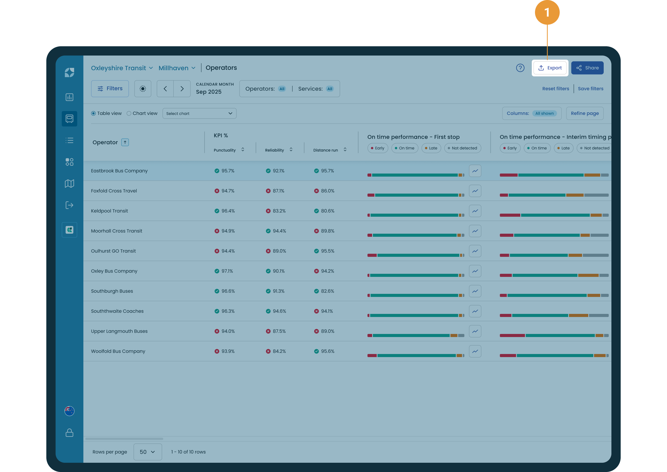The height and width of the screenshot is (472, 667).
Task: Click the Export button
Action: click(x=550, y=68)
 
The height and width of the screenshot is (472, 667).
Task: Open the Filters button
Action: click(x=110, y=89)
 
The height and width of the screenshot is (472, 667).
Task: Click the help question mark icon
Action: click(x=520, y=68)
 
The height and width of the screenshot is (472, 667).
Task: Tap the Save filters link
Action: click(x=591, y=89)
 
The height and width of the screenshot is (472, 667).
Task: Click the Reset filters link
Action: click(x=556, y=89)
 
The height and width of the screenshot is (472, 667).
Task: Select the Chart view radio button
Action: click(x=129, y=113)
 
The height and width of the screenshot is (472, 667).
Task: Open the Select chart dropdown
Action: click(x=199, y=113)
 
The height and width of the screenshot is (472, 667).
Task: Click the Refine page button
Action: click(x=585, y=113)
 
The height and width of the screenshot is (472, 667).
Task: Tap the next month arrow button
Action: click(x=182, y=89)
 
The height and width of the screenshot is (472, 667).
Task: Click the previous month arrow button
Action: click(x=165, y=89)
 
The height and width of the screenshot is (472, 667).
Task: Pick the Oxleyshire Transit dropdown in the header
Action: click(x=122, y=68)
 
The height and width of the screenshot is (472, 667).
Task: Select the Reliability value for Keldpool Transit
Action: click(x=276, y=211)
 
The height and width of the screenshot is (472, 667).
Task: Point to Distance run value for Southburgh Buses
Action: click(x=324, y=291)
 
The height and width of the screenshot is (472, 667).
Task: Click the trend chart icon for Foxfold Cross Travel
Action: click(x=475, y=191)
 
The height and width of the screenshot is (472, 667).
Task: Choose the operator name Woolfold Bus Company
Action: click(x=118, y=351)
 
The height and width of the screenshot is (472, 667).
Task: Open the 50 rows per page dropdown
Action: click(x=148, y=452)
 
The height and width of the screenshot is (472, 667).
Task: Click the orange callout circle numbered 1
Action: click(x=547, y=12)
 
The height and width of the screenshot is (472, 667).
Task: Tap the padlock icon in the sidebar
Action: click(x=69, y=432)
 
